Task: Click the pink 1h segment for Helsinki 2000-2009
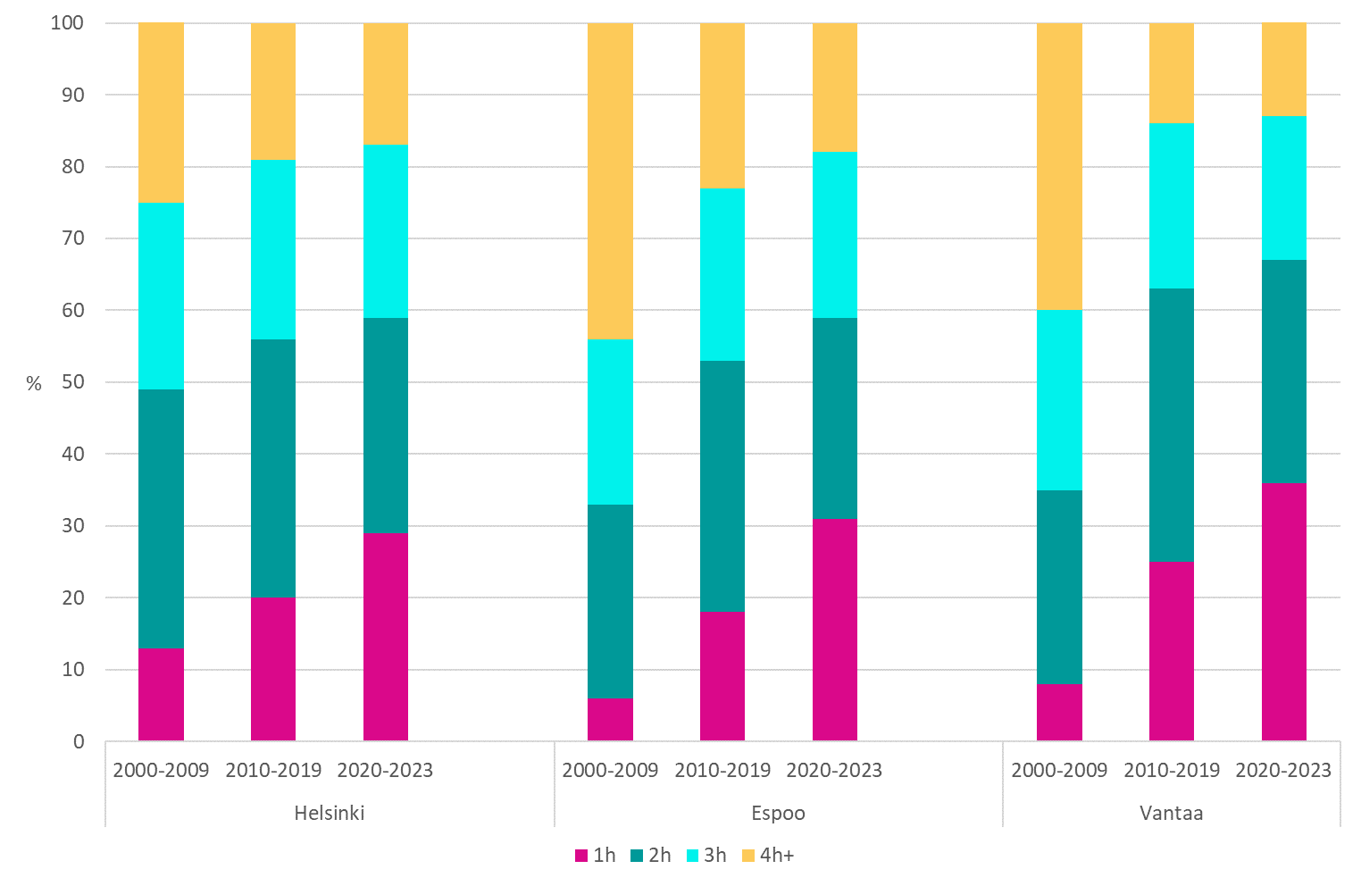pos(161,694)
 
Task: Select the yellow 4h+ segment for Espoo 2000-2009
pos(610,181)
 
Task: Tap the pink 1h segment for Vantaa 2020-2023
pos(1283,612)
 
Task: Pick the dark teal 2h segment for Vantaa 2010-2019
pos(1171,425)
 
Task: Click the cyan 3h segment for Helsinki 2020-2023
pos(386,231)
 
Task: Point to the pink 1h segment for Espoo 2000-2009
pos(610,719)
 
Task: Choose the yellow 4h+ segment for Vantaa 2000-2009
pos(1059,167)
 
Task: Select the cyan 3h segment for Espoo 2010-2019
pos(722,274)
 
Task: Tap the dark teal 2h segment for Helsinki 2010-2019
pos(273,468)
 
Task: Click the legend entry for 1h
pos(596,856)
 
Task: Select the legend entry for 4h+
pos(767,856)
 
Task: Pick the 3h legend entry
pos(706,856)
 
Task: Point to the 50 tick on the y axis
pos(71,382)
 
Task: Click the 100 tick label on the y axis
pos(67,23)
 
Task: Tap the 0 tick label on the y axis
pos(79,741)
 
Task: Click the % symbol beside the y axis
pos(34,384)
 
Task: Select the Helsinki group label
pos(330,813)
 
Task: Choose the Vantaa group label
pos(1171,813)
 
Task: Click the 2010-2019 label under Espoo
pos(722,770)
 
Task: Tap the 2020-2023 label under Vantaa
pos(1283,770)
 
